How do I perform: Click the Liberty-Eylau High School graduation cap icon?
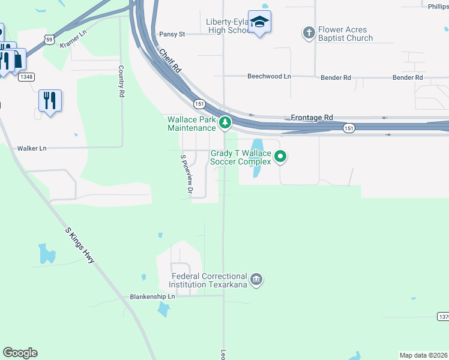(x=259, y=22)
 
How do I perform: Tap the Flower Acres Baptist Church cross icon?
(x=309, y=33)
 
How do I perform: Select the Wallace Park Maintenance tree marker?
(x=225, y=123)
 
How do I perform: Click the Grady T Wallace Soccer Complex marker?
(x=280, y=157)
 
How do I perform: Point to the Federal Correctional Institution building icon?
(x=256, y=280)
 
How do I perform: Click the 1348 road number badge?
(x=26, y=77)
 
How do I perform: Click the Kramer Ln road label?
(x=73, y=41)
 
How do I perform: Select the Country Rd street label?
(x=121, y=82)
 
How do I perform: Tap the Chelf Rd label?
(x=170, y=61)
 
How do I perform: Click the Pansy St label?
(x=172, y=35)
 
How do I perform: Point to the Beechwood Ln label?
(x=269, y=77)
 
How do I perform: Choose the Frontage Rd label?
(x=312, y=118)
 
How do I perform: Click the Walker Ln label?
(x=32, y=148)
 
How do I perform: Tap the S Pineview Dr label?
(x=186, y=175)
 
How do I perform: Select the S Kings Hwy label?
(x=80, y=245)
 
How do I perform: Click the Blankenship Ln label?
(x=152, y=296)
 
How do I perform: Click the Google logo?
(x=20, y=353)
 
